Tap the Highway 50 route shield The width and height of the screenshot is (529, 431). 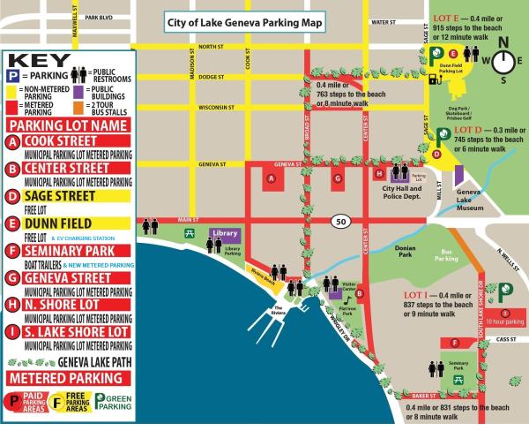click(339, 219)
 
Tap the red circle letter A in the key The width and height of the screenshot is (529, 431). click(12, 141)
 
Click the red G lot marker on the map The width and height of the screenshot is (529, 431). click(337, 178)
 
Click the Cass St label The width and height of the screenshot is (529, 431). click(506, 339)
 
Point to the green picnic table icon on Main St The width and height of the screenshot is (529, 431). click(189, 233)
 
